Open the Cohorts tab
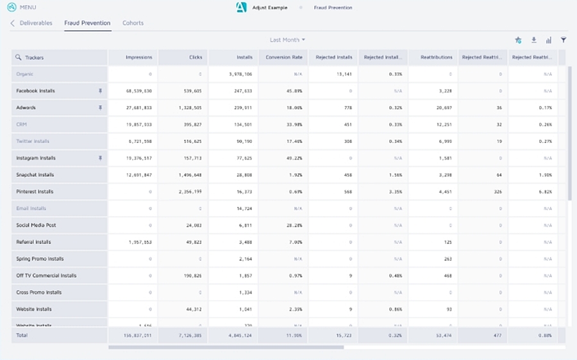click(133, 23)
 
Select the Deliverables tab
click(36, 23)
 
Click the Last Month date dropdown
click(287, 40)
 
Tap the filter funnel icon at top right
click(564, 40)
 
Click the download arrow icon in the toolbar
click(533, 40)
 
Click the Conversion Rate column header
click(283, 57)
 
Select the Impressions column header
click(138, 57)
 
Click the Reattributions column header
click(436, 57)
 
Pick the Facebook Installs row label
click(35, 91)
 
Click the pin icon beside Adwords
click(100, 108)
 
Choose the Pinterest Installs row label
click(35, 192)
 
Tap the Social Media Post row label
click(37, 225)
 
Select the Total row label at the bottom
click(22, 335)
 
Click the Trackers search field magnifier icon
click(19, 58)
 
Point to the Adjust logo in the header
click(241, 8)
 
